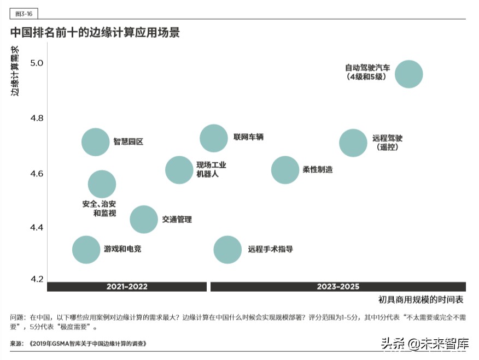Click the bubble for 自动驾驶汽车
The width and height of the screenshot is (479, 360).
tap(408, 74)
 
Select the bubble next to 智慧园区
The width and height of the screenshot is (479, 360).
tap(96, 142)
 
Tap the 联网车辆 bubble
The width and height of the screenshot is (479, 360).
tap(213, 138)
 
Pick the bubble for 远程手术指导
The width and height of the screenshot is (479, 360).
tap(227, 250)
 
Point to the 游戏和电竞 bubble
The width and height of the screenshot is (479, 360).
tap(86, 250)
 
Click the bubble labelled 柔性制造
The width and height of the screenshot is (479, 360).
tap(285, 170)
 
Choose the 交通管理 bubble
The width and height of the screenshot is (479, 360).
tap(143, 220)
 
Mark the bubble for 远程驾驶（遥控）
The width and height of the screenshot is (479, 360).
tap(353, 143)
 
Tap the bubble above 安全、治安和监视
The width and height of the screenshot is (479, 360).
tap(102, 184)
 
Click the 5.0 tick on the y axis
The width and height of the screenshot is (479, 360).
tap(36, 63)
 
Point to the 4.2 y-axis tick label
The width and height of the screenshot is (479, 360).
tap(36, 279)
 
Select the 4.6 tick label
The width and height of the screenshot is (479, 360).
tap(36, 174)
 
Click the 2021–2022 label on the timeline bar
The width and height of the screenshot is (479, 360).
tap(127, 287)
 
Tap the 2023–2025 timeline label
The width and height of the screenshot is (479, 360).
tap(338, 287)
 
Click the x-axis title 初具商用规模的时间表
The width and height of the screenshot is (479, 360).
tap(420, 300)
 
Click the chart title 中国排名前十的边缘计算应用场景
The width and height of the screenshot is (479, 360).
tap(95, 32)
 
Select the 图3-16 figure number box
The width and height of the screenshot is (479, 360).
tap(24, 14)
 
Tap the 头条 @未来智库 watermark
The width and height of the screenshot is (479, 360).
tap(425, 344)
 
